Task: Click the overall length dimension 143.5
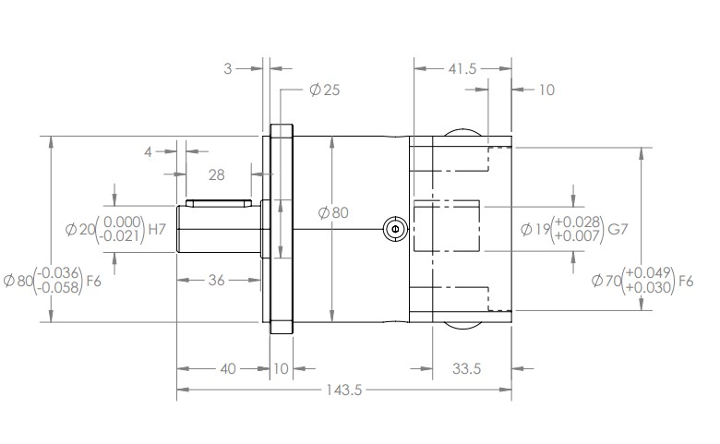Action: pos(342,390)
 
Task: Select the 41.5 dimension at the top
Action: pos(462,69)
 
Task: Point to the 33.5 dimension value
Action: pos(468,368)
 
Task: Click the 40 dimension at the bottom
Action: pos(227,368)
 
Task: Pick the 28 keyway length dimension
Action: pos(217,174)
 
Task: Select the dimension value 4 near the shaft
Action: pos(147,151)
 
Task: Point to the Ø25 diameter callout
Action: pos(325,90)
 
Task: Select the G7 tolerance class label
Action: pos(618,229)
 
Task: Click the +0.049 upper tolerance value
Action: pos(648,272)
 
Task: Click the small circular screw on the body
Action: pos(394,228)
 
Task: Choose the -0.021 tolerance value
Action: pos(123,236)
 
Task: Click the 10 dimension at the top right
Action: pos(546,90)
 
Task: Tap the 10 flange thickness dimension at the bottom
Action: pos(281,368)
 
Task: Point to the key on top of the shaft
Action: pos(219,202)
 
